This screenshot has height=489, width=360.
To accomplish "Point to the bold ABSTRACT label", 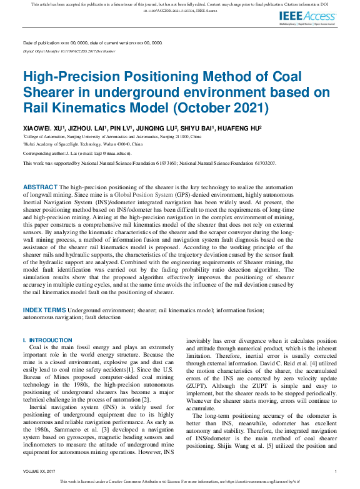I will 40,187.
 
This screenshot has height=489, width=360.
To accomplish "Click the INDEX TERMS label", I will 44,310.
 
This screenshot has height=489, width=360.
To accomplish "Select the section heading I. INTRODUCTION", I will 47,340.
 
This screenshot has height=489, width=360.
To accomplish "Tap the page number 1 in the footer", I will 336,471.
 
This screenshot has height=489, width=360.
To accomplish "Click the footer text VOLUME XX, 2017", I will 39,471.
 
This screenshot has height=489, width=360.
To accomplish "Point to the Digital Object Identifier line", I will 69,51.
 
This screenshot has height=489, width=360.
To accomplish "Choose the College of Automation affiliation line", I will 112,136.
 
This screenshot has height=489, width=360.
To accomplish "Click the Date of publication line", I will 92,42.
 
